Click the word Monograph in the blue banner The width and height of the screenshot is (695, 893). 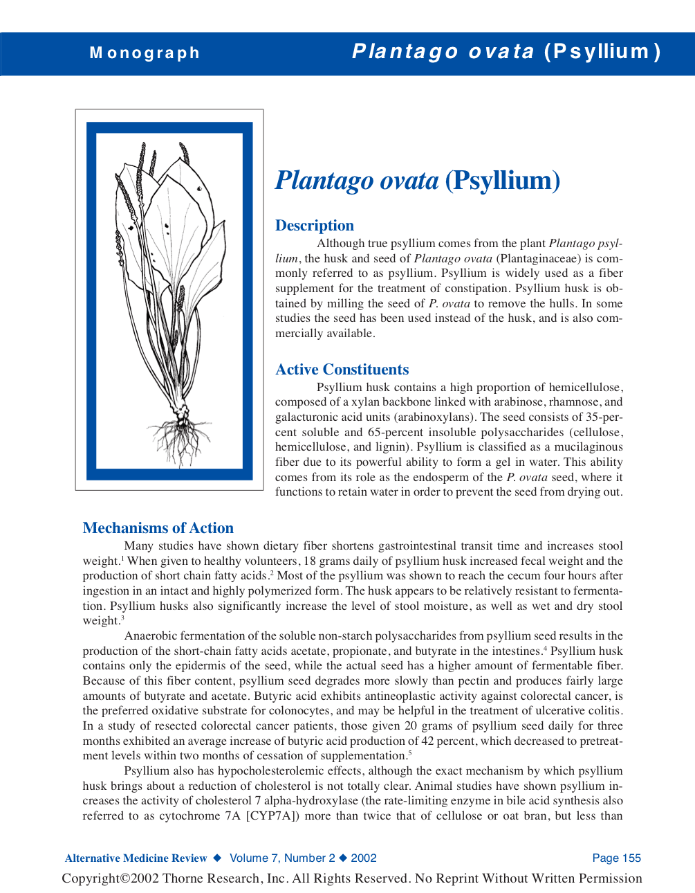click(x=145, y=53)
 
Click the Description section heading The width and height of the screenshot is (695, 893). click(x=314, y=226)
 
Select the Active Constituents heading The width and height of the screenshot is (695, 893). click(x=342, y=370)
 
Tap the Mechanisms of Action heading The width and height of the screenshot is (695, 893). click(x=158, y=528)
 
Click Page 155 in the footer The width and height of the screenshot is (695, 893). click(x=616, y=858)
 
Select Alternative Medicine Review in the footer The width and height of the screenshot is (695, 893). click(x=136, y=858)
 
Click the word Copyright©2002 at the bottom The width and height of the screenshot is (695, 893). click(x=110, y=878)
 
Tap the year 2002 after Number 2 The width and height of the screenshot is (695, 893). click(x=364, y=858)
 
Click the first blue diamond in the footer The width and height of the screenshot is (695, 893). click(x=217, y=858)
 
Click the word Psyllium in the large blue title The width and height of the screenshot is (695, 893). click(x=502, y=181)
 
